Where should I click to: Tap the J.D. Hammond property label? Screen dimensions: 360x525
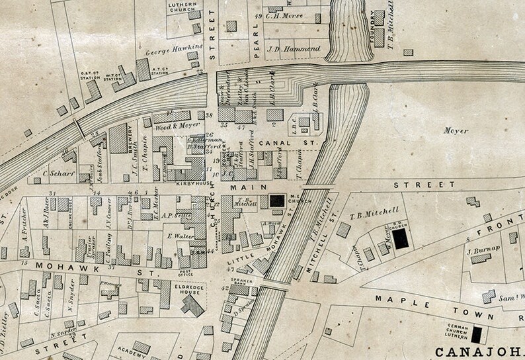293,50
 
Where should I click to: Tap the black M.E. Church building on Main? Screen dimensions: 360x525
277,201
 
